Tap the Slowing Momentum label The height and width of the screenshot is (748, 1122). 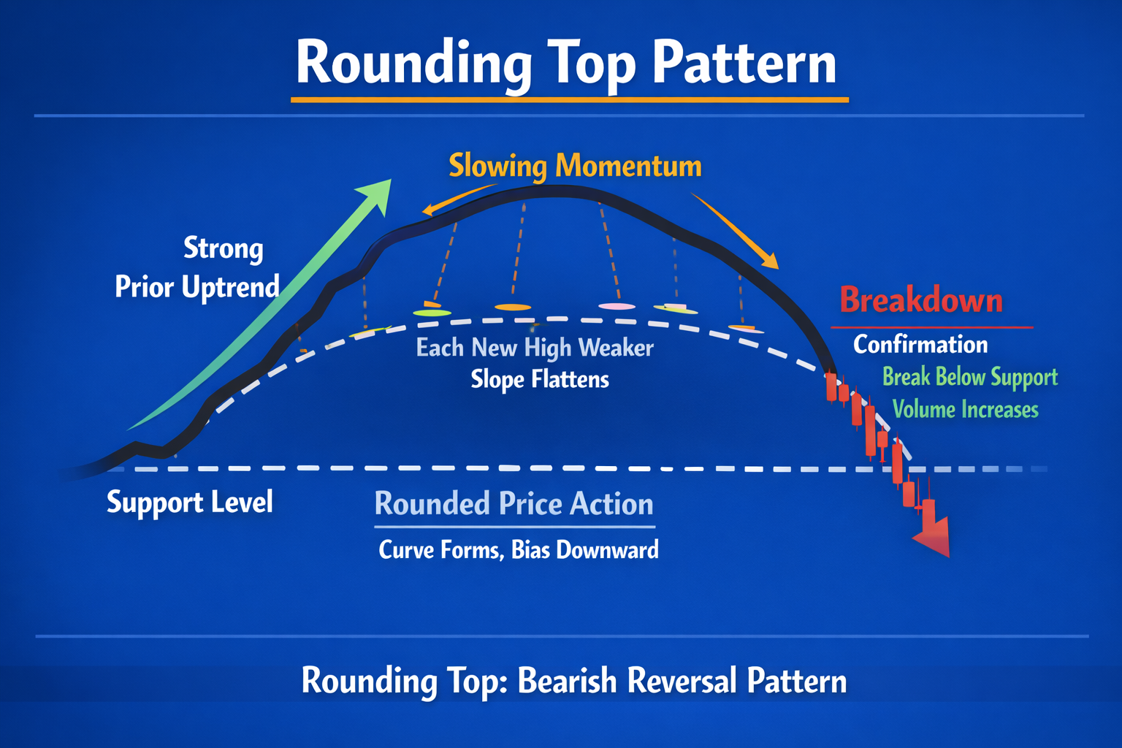575,166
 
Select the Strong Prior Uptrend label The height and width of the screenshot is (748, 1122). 197,267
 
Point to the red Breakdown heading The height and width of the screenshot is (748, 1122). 920,300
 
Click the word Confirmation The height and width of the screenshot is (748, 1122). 920,344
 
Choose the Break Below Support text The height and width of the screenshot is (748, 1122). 969,377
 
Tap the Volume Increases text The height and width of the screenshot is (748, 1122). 965,409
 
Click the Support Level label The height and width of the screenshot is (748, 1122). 189,503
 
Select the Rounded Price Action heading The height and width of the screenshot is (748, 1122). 514,504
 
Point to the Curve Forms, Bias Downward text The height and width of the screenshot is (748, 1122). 518,549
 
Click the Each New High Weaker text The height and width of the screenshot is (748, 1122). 534,348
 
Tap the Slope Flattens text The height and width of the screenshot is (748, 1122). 539,379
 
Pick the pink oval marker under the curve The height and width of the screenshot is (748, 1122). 617,306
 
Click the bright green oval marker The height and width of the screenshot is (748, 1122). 432,313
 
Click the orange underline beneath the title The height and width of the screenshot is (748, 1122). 569,99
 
